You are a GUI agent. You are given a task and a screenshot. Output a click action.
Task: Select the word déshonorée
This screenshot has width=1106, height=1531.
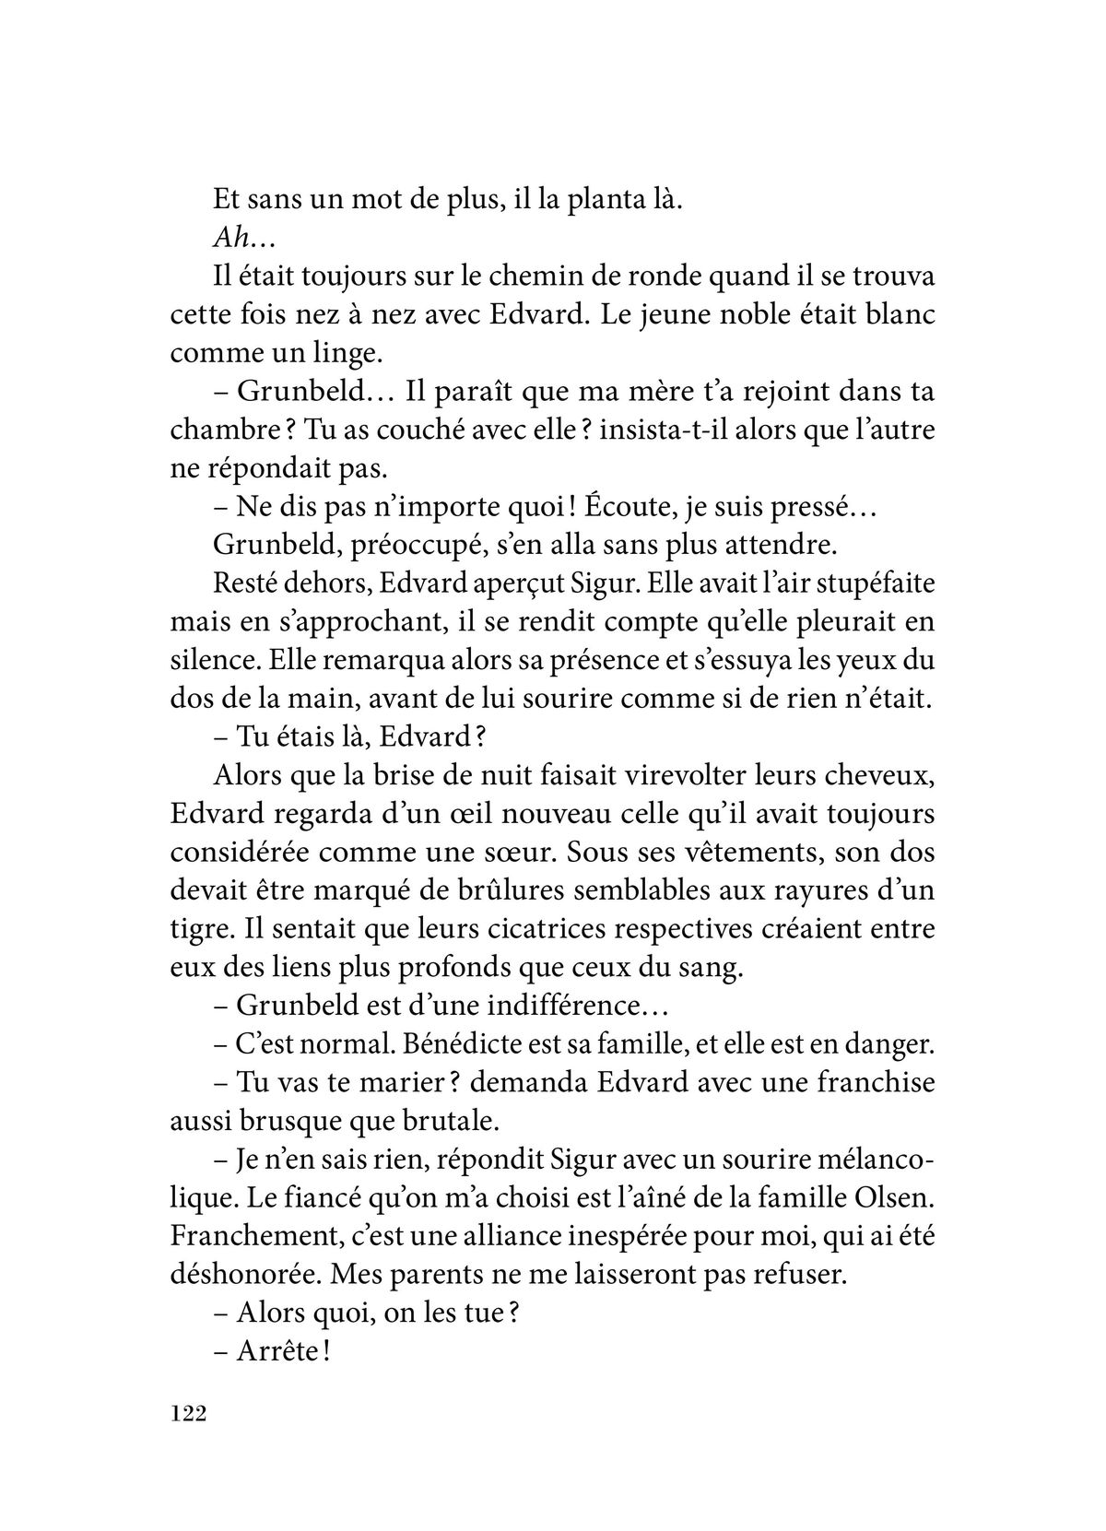244,1275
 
